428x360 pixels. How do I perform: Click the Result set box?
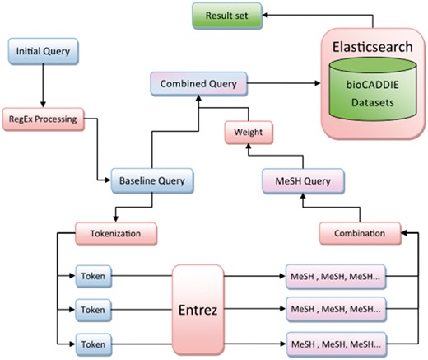(x=226, y=16)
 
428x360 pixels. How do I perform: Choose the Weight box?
(x=249, y=131)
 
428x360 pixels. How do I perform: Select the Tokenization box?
(x=115, y=233)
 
